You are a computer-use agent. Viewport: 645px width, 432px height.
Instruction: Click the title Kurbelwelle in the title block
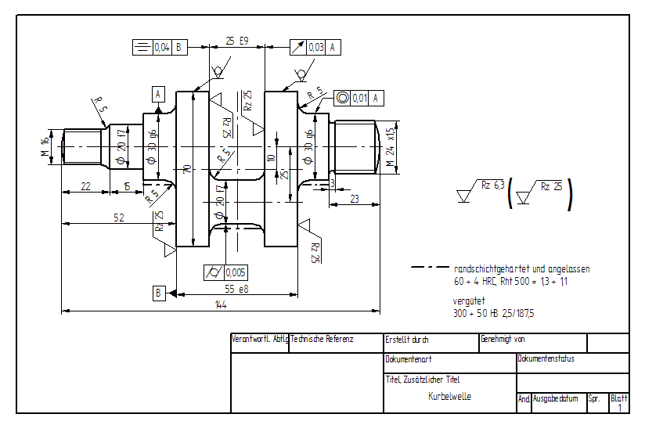tap(449, 396)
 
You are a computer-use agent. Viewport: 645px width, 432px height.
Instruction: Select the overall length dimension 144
tap(221, 305)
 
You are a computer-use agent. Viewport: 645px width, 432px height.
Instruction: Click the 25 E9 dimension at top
tap(236, 40)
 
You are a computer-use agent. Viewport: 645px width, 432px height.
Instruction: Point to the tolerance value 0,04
tap(162, 48)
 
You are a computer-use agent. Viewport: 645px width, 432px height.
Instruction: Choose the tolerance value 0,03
tap(316, 48)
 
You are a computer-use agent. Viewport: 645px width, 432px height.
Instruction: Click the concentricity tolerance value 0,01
tap(360, 98)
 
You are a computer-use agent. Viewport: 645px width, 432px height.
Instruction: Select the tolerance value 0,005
tap(236, 272)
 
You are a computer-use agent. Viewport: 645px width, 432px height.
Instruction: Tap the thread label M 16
tap(45, 146)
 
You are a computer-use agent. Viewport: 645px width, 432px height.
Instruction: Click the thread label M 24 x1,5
tap(391, 146)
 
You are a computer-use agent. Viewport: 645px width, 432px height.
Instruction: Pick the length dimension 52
tap(119, 218)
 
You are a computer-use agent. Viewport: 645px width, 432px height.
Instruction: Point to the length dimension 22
tap(85, 185)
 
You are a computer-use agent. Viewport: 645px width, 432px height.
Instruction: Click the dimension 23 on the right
tap(354, 199)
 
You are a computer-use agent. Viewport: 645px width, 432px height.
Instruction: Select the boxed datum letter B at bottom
tap(159, 293)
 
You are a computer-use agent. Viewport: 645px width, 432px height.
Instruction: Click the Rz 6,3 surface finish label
tap(492, 185)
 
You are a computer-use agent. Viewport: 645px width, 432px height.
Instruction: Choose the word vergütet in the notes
tap(469, 301)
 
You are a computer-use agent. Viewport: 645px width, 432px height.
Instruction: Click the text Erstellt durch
tap(407, 340)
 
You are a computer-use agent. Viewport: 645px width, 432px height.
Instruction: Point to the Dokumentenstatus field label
tap(546, 359)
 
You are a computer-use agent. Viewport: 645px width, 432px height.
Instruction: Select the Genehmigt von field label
tap(503, 340)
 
